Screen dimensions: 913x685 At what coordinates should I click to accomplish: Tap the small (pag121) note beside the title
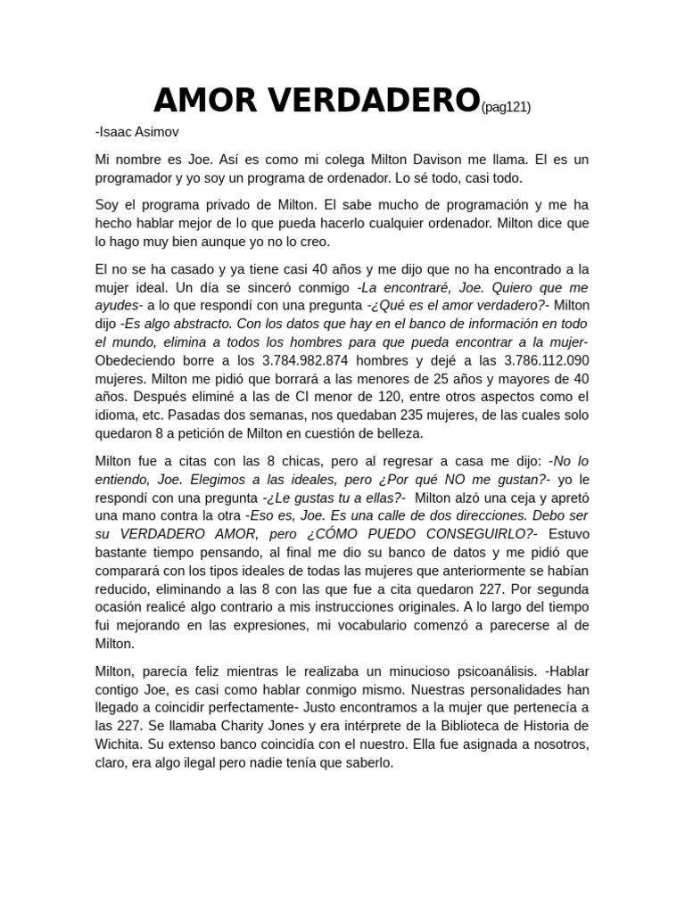pyautogui.click(x=506, y=108)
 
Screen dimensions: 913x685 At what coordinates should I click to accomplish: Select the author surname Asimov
pyautogui.click(x=158, y=132)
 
